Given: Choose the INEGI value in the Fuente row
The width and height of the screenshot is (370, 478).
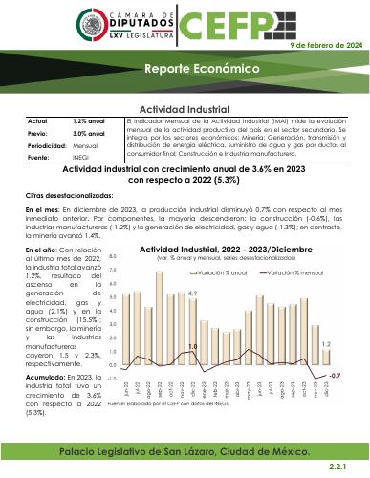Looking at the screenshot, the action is coord(81,157).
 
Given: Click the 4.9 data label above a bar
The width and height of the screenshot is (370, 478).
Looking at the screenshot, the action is coord(192,293).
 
